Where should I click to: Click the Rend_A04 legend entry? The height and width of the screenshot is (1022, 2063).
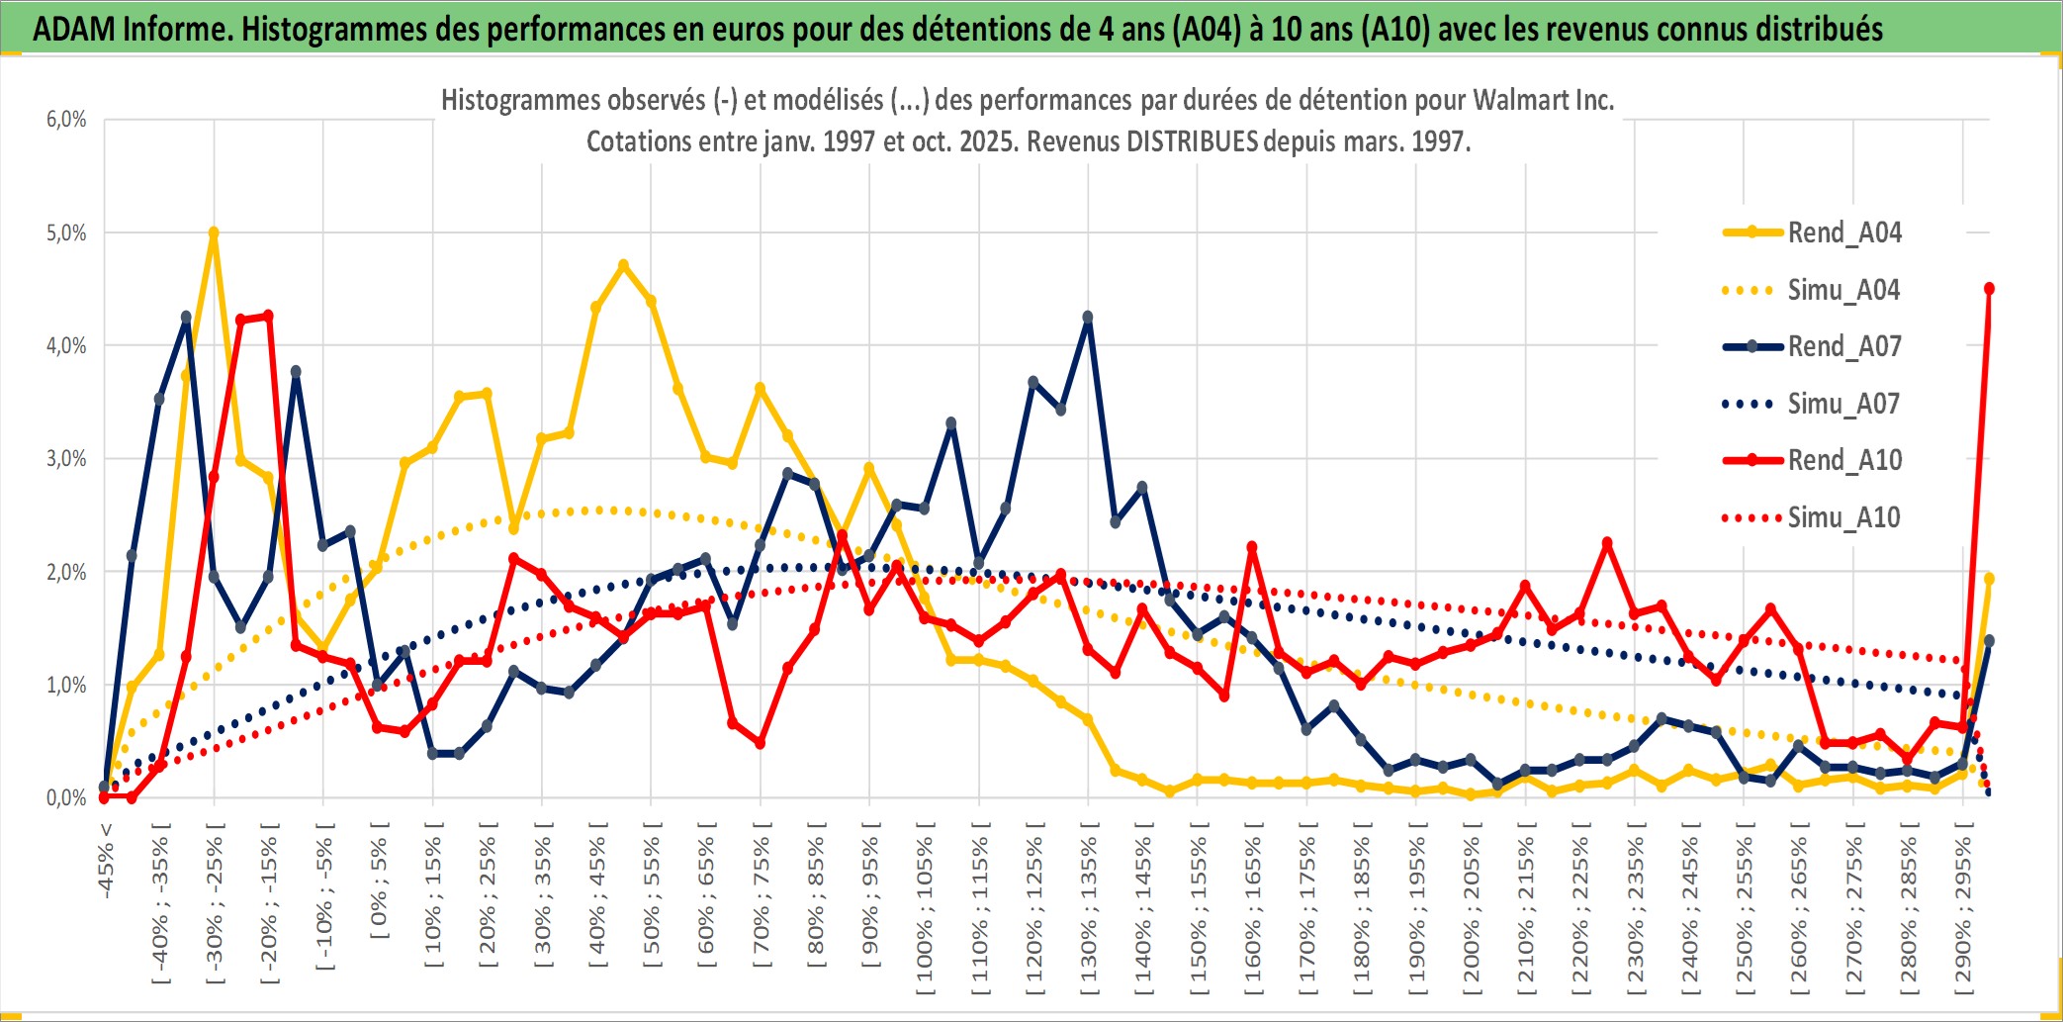(x=1843, y=232)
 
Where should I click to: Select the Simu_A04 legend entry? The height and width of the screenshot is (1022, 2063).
(x=1843, y=290)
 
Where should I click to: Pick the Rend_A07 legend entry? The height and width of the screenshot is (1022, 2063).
(x=1843, y=346)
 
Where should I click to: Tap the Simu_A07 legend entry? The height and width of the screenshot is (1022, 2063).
(x=1843, y=404)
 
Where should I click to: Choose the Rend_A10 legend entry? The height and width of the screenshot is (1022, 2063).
(x=1843, y=460)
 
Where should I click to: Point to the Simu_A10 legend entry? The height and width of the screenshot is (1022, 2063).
(x=1843, y=517)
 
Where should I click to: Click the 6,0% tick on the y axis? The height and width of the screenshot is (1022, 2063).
(x=66, y=120)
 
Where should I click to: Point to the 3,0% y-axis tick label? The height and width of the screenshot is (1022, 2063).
(x=66, y=459)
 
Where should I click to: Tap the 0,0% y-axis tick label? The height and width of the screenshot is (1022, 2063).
(x=66, y=798)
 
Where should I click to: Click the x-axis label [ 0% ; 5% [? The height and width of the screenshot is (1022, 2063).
(x=379, y=880)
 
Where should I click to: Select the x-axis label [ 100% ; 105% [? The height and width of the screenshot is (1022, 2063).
(x=925, y=909)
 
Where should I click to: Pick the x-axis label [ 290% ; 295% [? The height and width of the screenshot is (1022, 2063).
(x=1963, y=909)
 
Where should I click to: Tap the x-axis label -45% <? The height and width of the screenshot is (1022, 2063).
(x=106, y=860)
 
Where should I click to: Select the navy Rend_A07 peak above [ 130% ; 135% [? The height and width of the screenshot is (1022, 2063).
(x=1088, y=318)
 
